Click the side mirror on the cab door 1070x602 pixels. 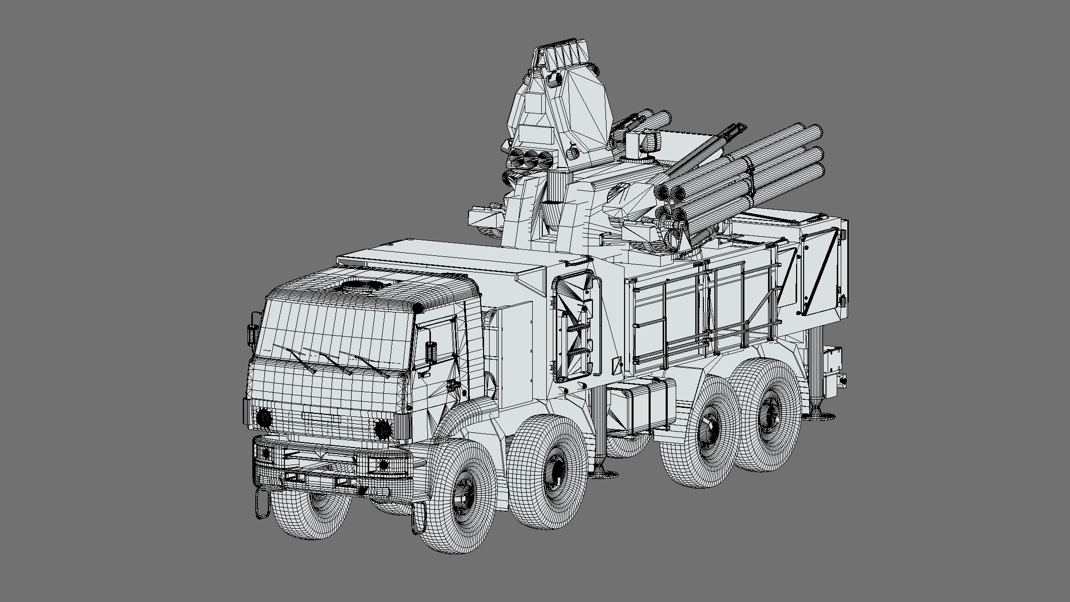(431, 352)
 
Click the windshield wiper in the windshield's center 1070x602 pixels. (329, 361)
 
